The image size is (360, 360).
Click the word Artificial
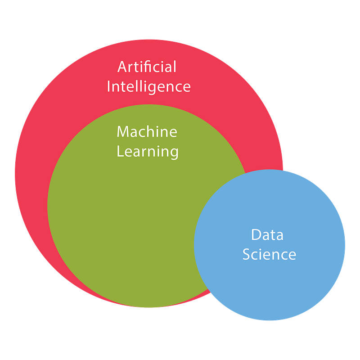(147, 67)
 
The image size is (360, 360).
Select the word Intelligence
(148, 86)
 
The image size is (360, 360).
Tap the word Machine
(147, 132)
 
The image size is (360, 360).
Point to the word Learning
(148, 152)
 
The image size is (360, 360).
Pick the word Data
(267, 234)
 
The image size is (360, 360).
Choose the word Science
(269, 254)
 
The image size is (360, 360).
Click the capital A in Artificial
(122, 67)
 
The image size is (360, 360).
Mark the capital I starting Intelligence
(109, 86)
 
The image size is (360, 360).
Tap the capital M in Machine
(123, 132)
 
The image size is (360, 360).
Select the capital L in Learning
(120, 151)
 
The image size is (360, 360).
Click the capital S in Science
(247, 254)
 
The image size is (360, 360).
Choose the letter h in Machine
(153, 131)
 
